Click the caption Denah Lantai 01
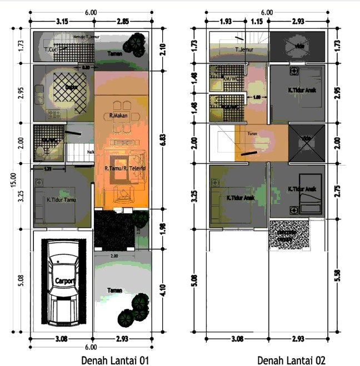pyautogui.click(x=116, y=360)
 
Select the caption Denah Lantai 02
pyautogui.click(x=291, y=360)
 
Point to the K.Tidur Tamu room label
pyautogui.click(x=61, y=199)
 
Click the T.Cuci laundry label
pyautogui.click(x=52, y=50)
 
